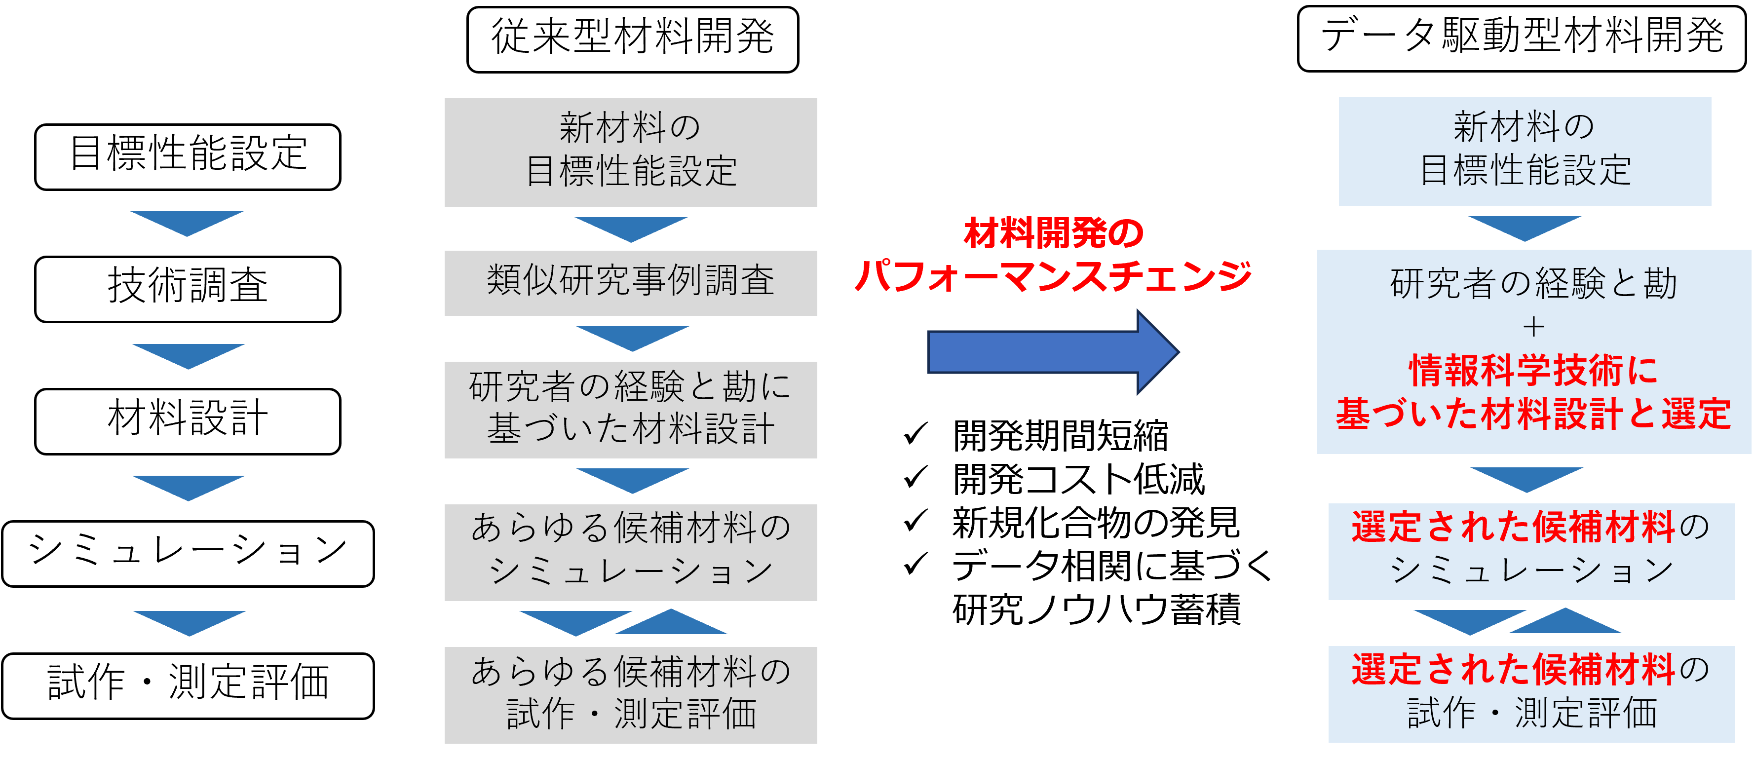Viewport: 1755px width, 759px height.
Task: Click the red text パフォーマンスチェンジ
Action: tap(1053, 276)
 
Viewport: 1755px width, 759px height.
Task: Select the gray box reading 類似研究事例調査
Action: tap(630, 283)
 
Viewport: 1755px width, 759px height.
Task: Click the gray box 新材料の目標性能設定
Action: tap(630, 152)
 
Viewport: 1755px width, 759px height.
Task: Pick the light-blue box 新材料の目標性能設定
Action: tap(1525, 151)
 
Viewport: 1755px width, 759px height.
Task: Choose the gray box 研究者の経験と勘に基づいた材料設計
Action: tap(630, 410)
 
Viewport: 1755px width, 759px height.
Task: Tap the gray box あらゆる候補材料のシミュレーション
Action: tap(630, 552)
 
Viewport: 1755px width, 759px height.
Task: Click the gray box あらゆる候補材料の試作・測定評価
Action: tap(630, 694)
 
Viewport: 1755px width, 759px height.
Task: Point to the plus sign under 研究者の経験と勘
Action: tap(1533, 328)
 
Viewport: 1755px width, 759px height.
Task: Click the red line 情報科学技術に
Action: tap(1533, 371)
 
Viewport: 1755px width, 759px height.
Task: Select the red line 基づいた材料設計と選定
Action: tap(1533, 414)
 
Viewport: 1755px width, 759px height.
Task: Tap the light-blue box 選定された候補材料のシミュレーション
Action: tap(1531, 551)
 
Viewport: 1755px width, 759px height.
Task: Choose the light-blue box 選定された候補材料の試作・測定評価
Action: tap(1531, 693)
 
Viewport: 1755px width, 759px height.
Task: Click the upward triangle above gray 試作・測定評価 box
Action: tap(672, 623)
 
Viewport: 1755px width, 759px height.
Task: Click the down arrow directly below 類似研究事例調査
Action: tap(632, 337)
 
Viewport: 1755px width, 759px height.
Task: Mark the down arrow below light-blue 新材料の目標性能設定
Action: tap(1525, 226)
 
